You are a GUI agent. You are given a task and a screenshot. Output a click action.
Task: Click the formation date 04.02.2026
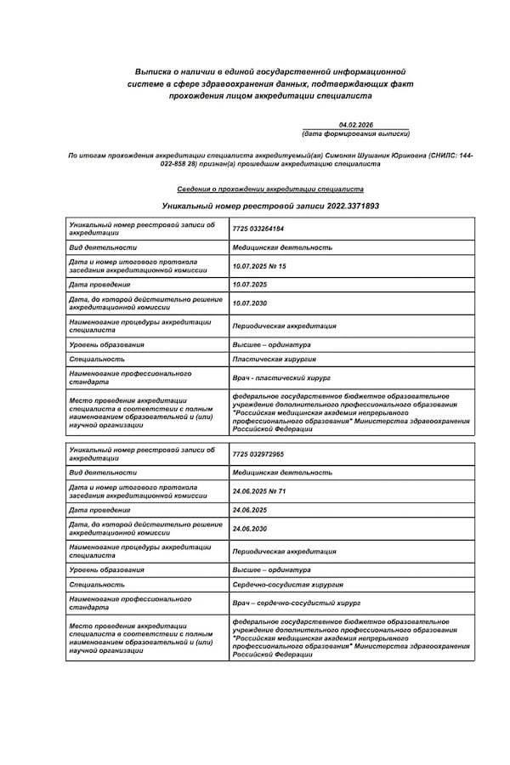pos(355,125)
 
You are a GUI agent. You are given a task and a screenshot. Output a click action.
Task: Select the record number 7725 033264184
pos(258,229)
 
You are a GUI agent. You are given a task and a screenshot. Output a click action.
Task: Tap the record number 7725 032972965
pos(258,454)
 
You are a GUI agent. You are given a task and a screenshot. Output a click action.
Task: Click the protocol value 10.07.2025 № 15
pos(259,266)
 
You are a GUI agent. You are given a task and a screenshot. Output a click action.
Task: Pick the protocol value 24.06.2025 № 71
pos(259,491)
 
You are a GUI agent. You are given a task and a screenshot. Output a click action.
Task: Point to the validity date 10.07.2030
pos(249,303)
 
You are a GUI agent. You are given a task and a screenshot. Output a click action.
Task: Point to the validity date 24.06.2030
pos(249,529)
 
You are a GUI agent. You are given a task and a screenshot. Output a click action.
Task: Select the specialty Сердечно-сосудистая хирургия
pos(287,585)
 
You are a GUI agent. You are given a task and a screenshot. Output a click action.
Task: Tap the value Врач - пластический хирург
pos(280,377)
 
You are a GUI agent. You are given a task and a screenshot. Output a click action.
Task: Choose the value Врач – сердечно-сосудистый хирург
pos(290,603)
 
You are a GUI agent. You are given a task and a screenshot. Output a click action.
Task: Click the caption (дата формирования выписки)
pos(355,134)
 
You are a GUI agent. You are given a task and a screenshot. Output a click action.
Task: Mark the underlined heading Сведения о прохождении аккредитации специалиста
pos(270,190)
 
